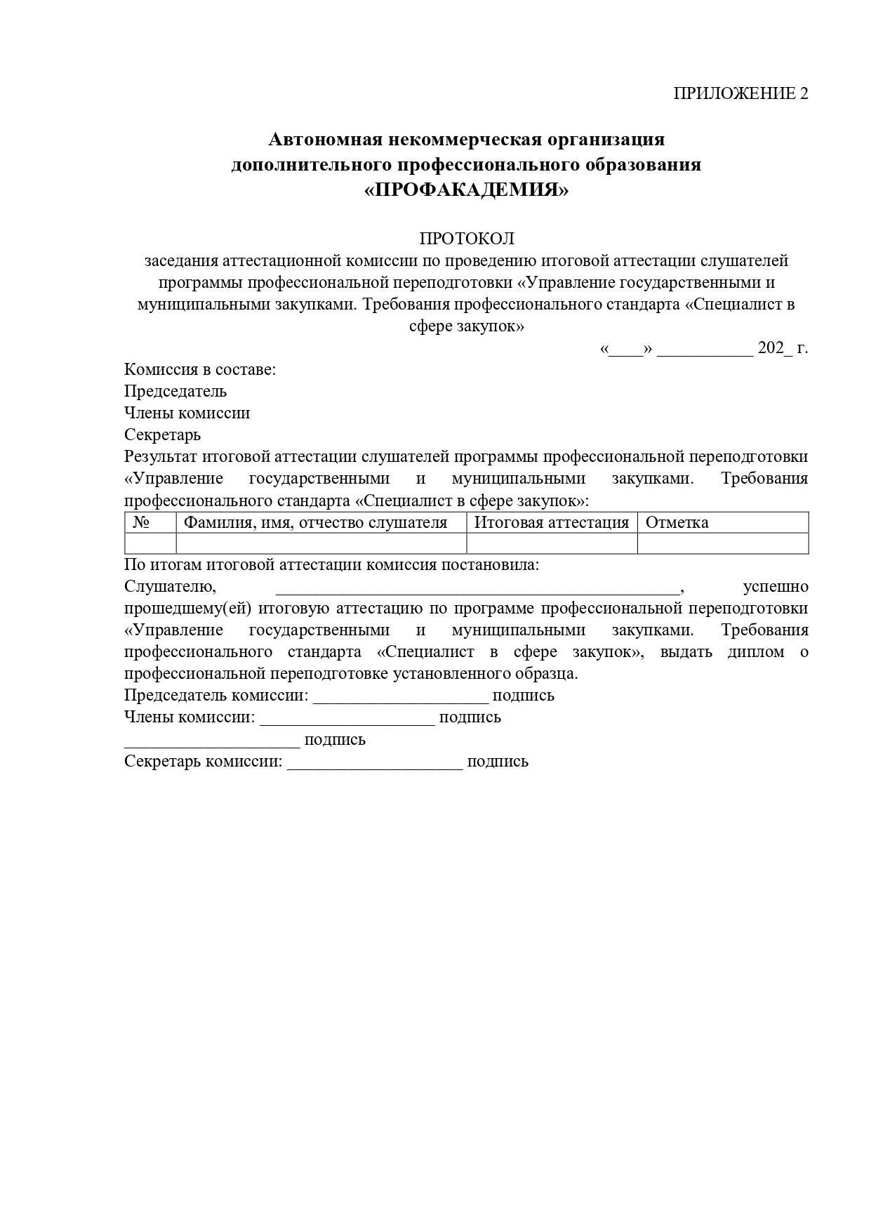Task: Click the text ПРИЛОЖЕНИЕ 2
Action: (740, 94)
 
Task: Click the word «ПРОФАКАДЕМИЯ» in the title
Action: (466, 190)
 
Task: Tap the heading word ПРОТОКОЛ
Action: (466, 239)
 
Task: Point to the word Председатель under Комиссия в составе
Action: (175, 391)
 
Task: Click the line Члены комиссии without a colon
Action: (187, 413)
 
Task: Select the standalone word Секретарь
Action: (162, 435)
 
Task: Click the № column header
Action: (142, 523)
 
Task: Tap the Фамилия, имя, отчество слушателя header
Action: (315, 523)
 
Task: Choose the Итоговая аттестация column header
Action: (552, 523)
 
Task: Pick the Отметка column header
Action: (677, 523)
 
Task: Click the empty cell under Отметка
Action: (722, 543)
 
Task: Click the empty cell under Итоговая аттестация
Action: (552, 543)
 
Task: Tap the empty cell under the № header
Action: (150, 543)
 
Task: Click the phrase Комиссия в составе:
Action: (200, 369)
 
